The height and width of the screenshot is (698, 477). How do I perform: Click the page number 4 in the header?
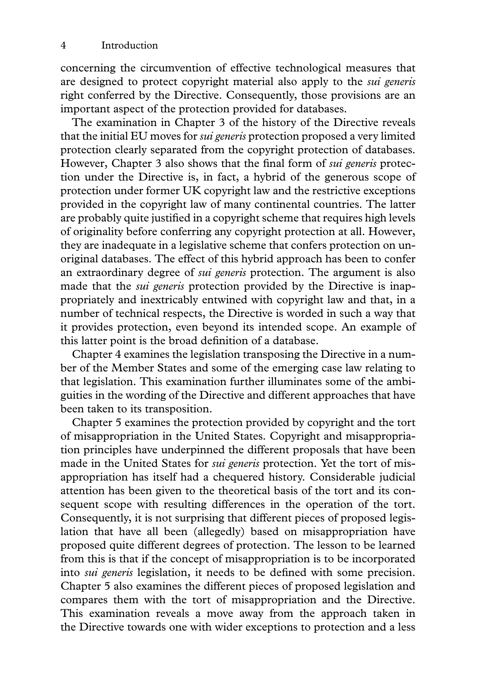(63, 45)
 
